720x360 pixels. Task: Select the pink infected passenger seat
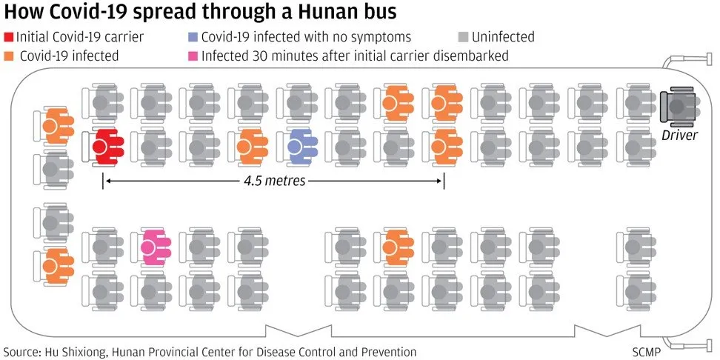point(155,247)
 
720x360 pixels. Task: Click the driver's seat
point(678,106)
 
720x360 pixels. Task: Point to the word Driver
point(679,134)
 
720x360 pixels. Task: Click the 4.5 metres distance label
point(273,181)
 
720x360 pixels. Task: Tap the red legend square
point(9,37)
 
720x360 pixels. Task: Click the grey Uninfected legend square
point(463,37)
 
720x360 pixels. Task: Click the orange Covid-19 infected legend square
point(9,56)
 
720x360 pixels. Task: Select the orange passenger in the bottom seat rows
point(398,247)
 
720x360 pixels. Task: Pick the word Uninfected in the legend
point(502,37)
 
